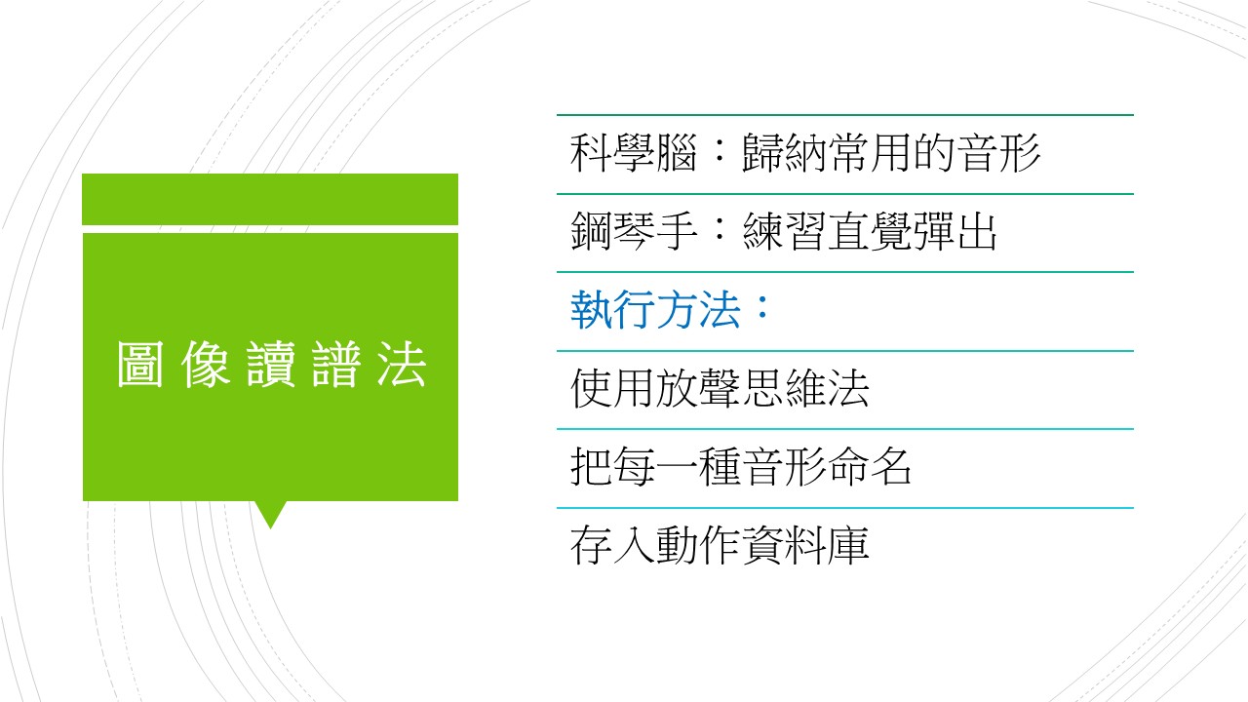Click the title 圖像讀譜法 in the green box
point(272,364)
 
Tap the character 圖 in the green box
point(140,364)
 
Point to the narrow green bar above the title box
point(270,200)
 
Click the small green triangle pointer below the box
point(271,515)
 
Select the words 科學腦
point(634,153)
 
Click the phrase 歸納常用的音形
point(891,153)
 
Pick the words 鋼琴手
point(634,231)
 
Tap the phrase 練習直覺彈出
point(870,231)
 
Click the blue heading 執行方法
point(655,310)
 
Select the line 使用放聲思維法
point(720,388)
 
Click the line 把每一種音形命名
point(740,467)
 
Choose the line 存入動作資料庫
point(720,545)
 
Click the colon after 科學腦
point(720,151)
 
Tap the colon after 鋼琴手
point(720,230)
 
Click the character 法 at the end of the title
point(403,364)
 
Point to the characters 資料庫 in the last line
point(805,545)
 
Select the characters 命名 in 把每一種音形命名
point(870,467)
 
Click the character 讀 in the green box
point(271,364)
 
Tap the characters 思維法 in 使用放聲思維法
point(805,388)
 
